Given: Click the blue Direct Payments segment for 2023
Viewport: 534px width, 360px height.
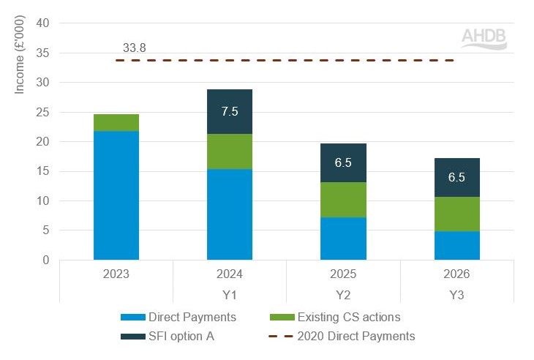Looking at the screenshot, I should click(x=116, y=195).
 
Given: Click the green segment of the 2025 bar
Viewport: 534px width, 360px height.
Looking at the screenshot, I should click(x=343, y=200).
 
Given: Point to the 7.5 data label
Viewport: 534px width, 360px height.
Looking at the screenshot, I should click(x=230, y=111).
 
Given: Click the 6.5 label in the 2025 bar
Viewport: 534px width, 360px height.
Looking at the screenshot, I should click(x=343, y=162).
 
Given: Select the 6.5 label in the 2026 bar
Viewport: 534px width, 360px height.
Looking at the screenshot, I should click(x=457, y=177).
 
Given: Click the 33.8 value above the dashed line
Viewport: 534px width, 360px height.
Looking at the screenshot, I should click(x=135, y=48).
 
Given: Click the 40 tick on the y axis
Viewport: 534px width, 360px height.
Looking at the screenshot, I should click(x=42, y=23).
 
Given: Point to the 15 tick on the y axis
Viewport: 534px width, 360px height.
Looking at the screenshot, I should click(x=42, y=171).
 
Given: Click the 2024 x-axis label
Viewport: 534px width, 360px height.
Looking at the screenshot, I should click(x=230, y=274).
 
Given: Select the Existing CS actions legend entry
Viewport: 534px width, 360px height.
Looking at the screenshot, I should click(x=339, y=317).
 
